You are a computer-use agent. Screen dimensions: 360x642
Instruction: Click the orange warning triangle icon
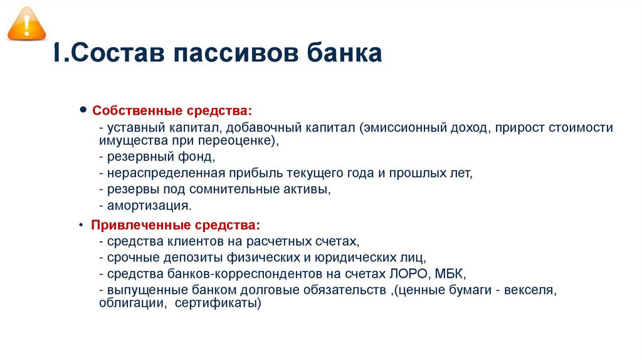(26, 24)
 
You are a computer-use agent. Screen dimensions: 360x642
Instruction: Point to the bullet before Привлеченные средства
(83, 224)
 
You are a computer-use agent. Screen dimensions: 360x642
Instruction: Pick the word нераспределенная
(161, 172)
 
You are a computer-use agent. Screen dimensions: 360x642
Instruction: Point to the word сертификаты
(217, 303)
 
